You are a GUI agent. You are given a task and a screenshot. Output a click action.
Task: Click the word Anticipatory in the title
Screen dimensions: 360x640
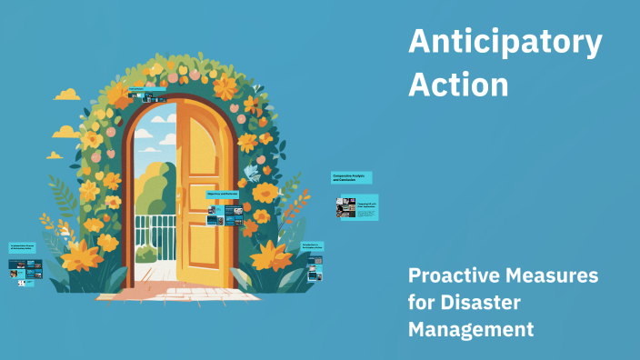pyautogui.click(x=505, y=43)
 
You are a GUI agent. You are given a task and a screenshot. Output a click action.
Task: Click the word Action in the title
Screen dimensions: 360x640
pyautogui.click(x=458, y=84)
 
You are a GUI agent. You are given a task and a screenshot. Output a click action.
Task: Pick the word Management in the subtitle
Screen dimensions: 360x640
pyautogui.click(x=471, y=329)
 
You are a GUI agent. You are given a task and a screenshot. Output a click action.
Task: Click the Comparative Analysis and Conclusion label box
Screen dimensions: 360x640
pyautogui.click(x=352, y=178)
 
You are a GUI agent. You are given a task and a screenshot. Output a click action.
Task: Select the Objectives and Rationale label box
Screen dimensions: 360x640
pyautogui.click(x=224, y=195)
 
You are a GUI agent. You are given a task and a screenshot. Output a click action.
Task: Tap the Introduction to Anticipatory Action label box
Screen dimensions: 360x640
pyautogui.click(x=313, y=246)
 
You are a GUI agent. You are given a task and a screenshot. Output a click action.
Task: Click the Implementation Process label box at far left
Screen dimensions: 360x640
pyautogui.click(x=25, y=247)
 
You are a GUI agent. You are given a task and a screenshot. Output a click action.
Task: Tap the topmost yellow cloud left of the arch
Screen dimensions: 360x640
pyautogui.click(x=68, y=95)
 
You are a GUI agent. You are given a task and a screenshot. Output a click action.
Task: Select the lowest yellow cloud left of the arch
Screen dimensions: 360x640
pyautogui.click(x=55, y=155)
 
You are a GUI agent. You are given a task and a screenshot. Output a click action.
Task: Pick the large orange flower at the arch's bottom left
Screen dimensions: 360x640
pyautogui.click(x=82, y=254)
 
